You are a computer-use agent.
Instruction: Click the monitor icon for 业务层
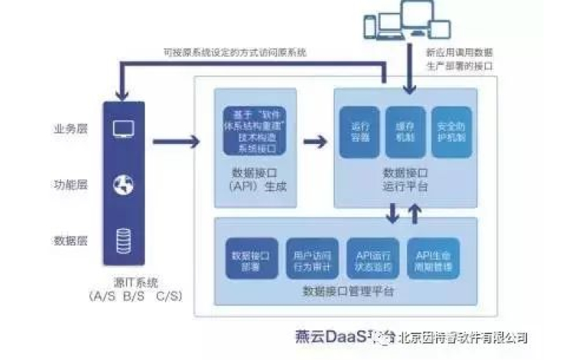pyautogui.click(x=122, y=129)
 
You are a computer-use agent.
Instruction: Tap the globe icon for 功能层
pyautogui.click(x=122, y=184)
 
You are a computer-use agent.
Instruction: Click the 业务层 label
pyautogui.click(x=70, y=130)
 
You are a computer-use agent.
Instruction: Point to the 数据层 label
pyautogui.click(x=70, y=239)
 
